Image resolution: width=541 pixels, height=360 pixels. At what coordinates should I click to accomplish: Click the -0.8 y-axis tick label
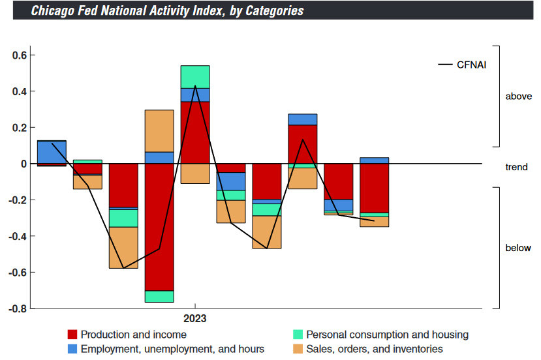pos(17,308)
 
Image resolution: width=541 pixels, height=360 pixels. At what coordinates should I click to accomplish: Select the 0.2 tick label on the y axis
pos(19,128)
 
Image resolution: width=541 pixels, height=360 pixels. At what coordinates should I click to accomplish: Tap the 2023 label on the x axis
pos(195,319)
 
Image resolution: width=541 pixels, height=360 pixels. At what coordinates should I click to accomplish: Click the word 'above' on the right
pos(518,97)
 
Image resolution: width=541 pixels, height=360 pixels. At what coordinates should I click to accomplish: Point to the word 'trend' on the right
pos(517,167)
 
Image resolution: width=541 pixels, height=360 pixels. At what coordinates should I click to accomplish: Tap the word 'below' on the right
pos(518,248)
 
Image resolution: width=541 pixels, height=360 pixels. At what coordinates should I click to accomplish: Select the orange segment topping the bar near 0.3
pos(159,130)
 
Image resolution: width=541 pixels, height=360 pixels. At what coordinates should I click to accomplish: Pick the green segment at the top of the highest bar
pos(195,76)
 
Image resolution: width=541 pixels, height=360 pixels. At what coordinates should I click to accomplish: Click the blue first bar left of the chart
pos(52,152)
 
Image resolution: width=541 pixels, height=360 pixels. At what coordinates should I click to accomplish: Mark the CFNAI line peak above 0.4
pos(195,86)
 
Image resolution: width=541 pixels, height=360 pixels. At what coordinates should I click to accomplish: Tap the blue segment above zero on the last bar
pos(375,160)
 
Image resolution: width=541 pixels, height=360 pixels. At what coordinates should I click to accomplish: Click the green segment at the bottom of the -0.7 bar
pos(159,297)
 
